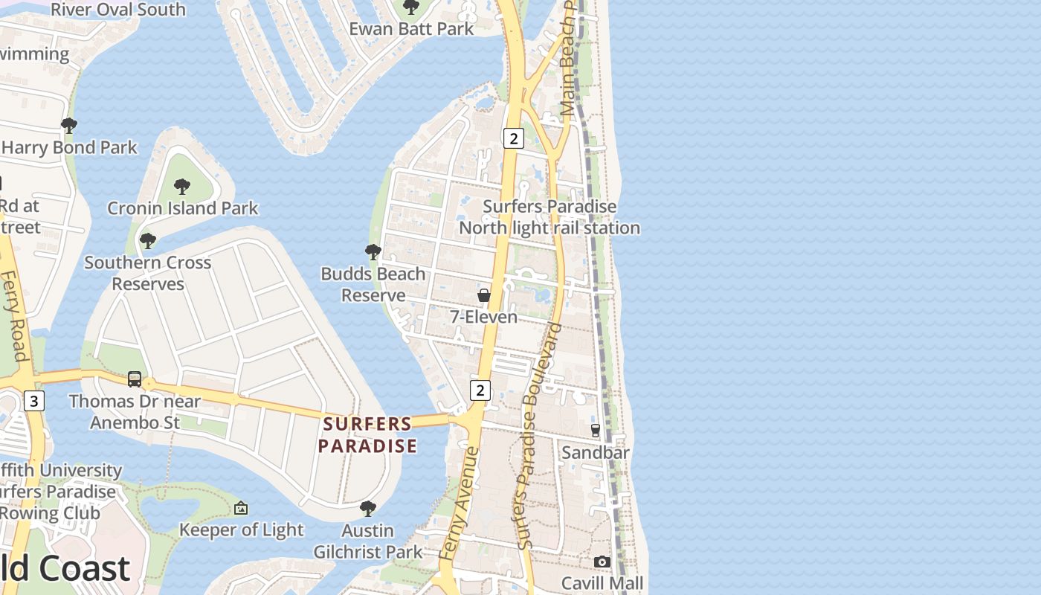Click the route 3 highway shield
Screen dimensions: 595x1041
[x=33, y=402]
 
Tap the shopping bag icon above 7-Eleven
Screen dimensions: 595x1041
[x=484, y=295]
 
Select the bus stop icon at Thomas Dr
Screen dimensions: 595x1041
[x=135, y=379]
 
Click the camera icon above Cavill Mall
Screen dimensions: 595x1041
[x=602, y=562]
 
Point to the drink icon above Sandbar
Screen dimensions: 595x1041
[x=595, y=431]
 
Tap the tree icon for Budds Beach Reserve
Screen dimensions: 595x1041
[x=373, y=252]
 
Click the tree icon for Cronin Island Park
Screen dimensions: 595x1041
[x=182, y=187]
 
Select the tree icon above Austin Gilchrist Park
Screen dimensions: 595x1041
[x=367, y=509]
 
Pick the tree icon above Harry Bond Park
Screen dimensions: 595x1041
[x=69, y=126]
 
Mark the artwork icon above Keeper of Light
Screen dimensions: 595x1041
[x=241, y=509]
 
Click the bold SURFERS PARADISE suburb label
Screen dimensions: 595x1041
[x=367, y=435]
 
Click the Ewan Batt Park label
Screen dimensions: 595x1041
[x=411, y=29]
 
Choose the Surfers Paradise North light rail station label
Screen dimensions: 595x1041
[x=549, y=217]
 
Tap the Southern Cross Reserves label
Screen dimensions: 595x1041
[x=147, y=273]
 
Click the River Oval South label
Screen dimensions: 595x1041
[x=118, y=10]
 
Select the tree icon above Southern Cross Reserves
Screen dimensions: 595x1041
[x=148, y=241]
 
